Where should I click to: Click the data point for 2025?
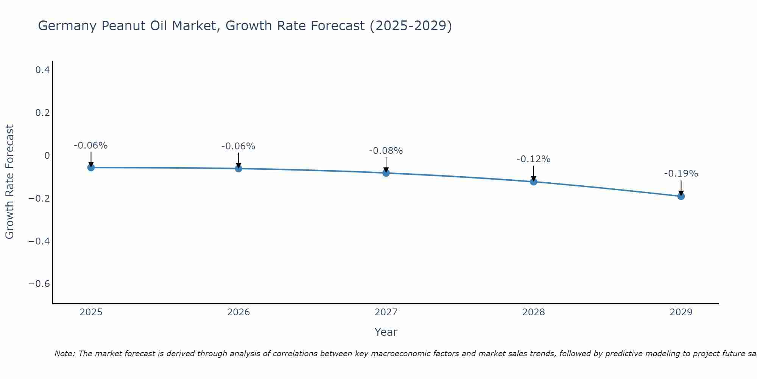91,168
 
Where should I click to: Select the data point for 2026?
238,168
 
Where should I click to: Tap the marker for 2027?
386,173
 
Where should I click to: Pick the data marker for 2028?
533,182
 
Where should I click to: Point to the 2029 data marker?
681,196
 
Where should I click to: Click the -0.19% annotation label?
681,174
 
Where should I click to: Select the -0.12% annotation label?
533,159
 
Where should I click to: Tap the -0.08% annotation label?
386,151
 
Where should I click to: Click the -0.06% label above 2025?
91,146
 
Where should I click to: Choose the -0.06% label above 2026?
238,146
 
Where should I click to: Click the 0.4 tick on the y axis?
42,70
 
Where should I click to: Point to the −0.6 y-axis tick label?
39,284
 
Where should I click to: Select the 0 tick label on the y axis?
47,156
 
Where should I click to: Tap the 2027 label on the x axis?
386,312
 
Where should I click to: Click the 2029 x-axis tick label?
681,312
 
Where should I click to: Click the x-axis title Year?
386,332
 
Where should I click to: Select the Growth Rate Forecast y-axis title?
10,182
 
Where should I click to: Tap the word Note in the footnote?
65,354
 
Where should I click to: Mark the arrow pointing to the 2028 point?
533,174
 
